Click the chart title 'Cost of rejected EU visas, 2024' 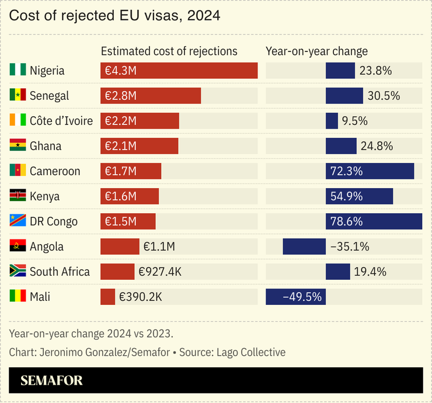tap(114, 16)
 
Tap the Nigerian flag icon tap(18, 71)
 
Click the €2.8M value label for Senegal tap(120, 96)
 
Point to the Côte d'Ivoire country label tap(61, 121)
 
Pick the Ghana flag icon tap(18, 146)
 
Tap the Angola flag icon tap(18, 246)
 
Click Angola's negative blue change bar tap(304, 246)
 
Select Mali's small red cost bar tap(108, 297)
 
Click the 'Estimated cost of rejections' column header tap(169, 51)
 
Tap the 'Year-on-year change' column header tap(316, 51)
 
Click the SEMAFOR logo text tap(51, 381)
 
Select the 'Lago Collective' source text tap(251, 352)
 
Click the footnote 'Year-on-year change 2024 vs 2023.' tap(91, 333)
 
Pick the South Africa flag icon tap(18, 272)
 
